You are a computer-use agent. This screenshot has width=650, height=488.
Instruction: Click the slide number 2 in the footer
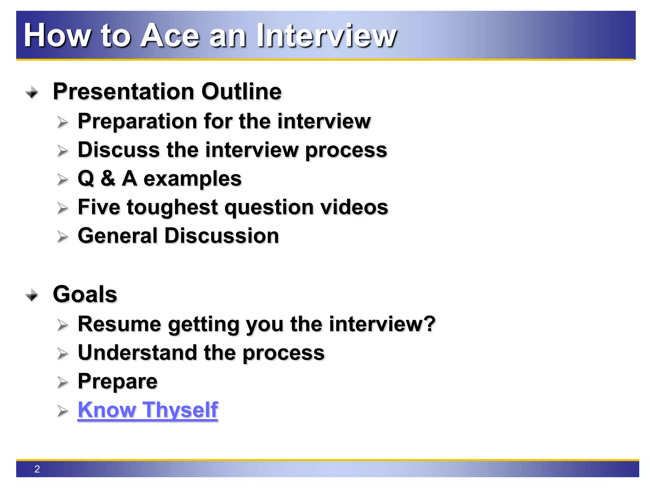click(x=37, y=469)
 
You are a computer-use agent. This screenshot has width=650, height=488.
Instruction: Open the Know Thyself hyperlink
click(x=148, y=410)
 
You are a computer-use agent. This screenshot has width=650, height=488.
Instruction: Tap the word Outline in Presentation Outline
click(x=241, y=92)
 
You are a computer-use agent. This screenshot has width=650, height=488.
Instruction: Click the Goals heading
click(x=85, y=294)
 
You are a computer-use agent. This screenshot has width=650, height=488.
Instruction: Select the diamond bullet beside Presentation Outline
click(x=32, y=92)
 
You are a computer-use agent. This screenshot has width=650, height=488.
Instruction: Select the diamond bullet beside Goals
click(x=32, y=295)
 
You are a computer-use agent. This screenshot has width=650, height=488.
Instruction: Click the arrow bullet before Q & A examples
click(x=63, y=180)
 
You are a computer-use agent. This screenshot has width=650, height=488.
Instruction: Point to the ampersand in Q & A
click(x=108, y=179)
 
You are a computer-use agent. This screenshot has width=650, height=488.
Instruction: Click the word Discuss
click(x=119, y=150)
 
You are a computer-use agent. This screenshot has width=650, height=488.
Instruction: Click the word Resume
click(x=119, y=324)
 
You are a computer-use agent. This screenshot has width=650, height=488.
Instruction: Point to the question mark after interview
click(x=430, y=324)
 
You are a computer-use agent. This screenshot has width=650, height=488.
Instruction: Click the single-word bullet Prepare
click(x=117, y=382)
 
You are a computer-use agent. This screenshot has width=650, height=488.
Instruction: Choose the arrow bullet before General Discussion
click(x=63, y=237)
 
